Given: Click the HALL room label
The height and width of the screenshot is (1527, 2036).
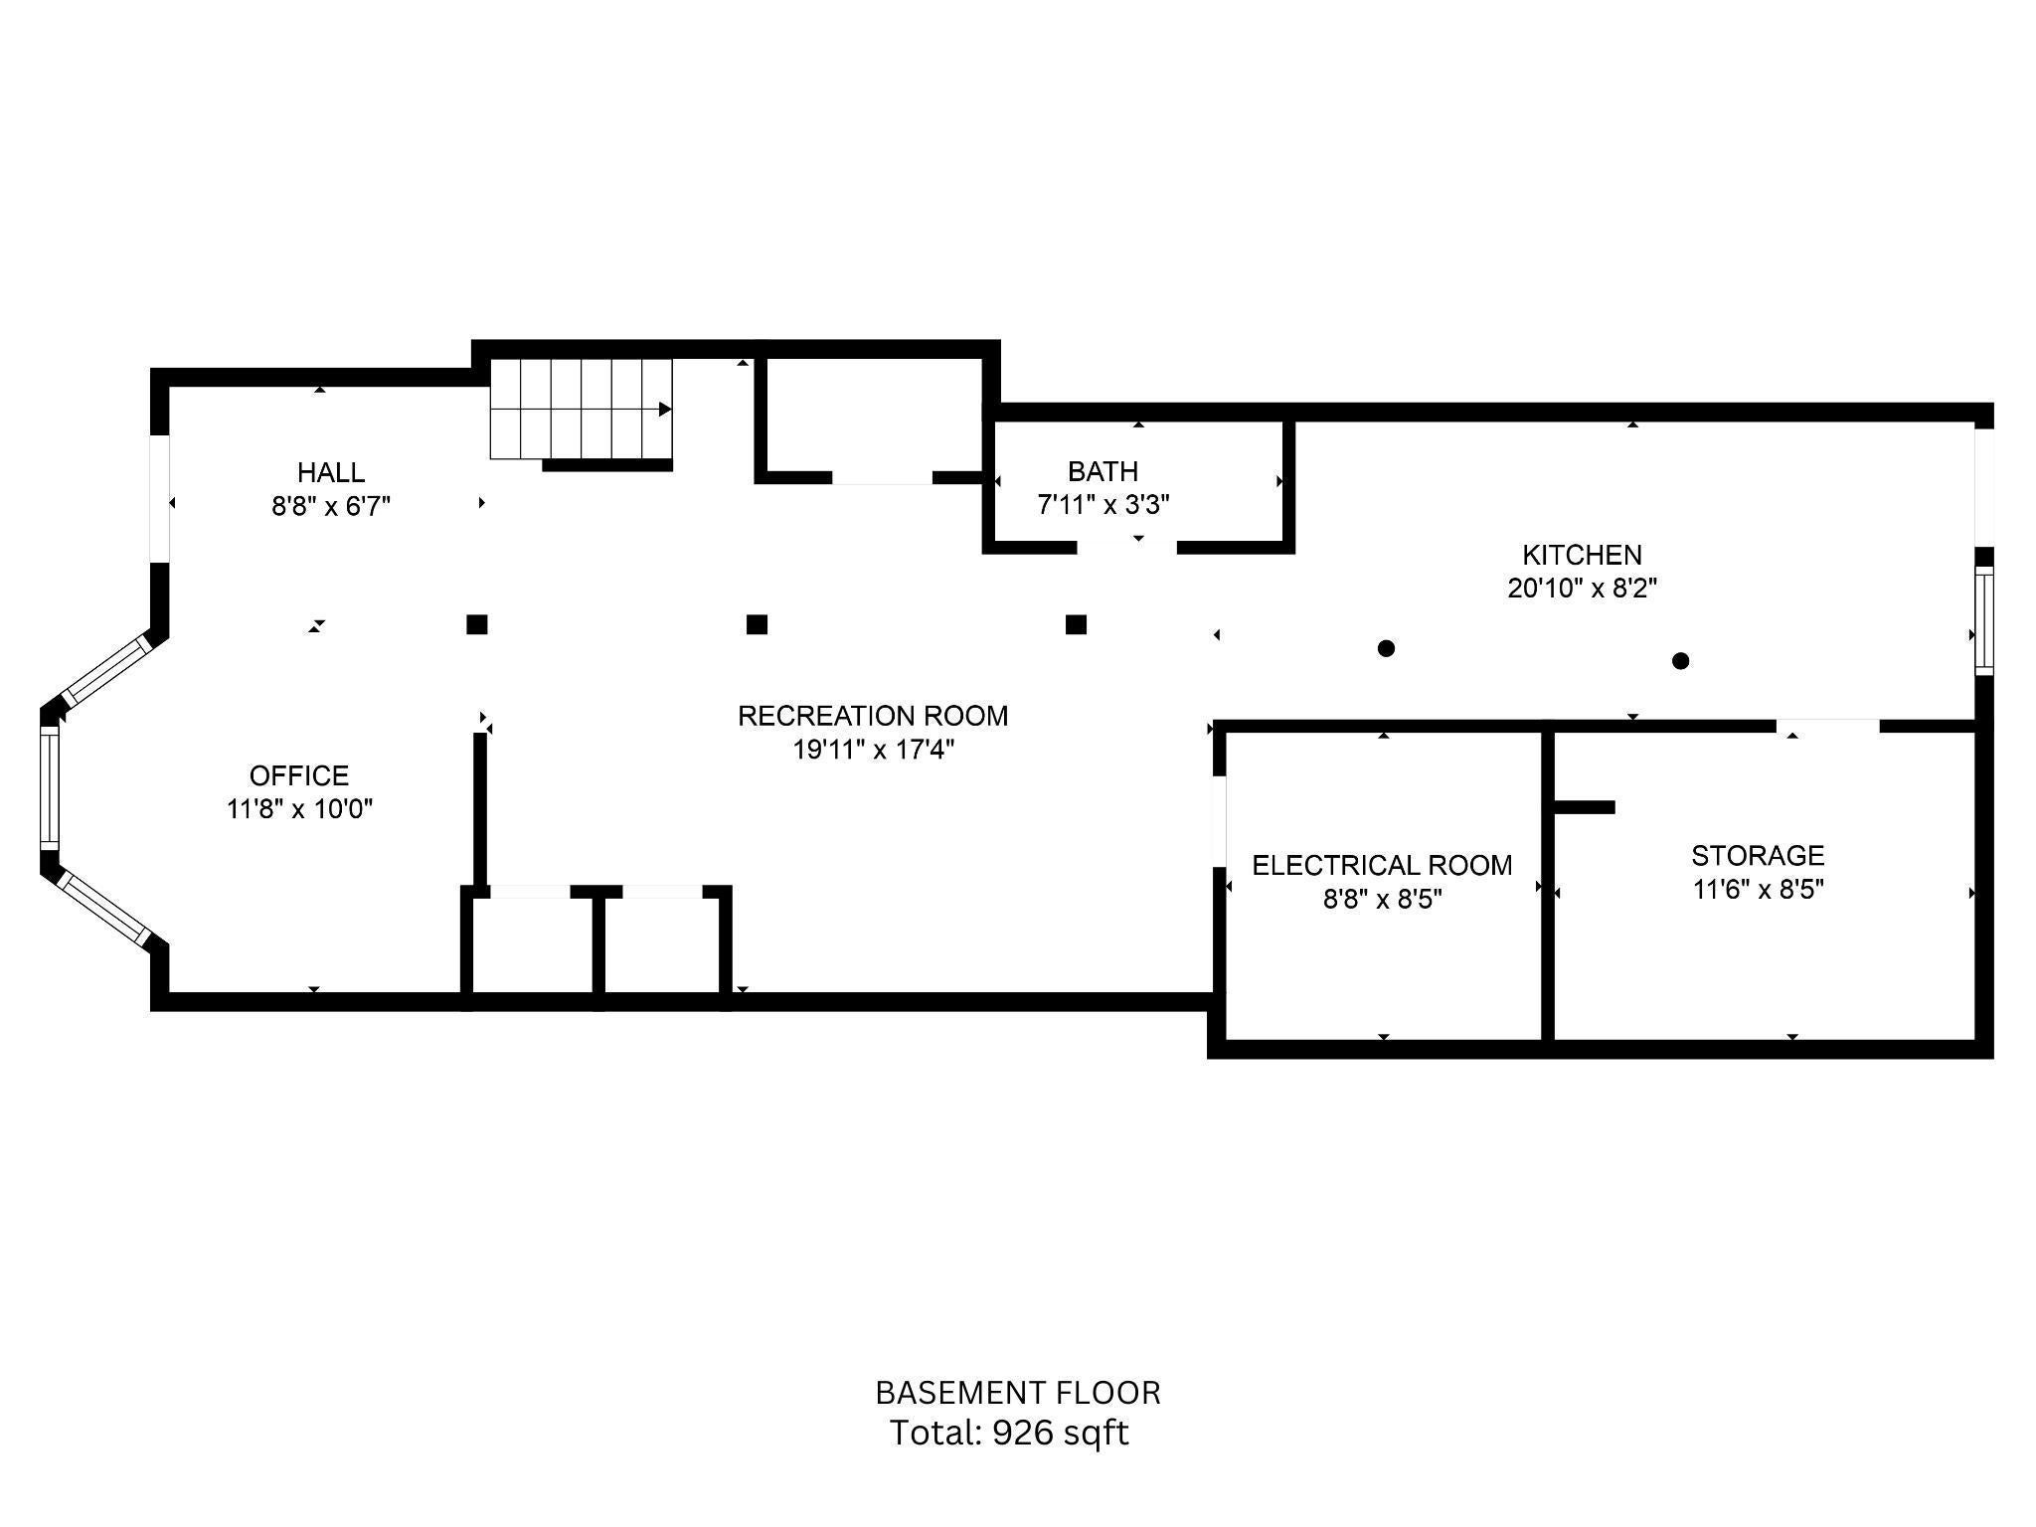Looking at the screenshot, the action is [x=331, y=472].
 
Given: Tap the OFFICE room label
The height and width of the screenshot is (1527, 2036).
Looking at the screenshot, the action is [x=299, y=775].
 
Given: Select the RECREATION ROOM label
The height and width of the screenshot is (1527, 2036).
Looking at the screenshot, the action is [x=873, y=716].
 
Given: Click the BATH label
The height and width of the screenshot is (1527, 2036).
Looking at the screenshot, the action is [x=1103, y=471].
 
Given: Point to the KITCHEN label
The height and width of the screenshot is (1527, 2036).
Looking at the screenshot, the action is [x=1582, y=555].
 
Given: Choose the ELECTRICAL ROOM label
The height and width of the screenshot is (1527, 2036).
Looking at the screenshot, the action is [x=1382, y=865].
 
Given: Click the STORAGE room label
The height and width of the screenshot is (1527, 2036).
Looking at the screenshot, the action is [x=1758, y=855].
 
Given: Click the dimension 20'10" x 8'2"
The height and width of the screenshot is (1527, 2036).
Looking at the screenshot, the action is [x=1582, y=589].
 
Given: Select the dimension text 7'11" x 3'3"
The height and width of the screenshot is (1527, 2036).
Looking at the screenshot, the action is [x=1103, y=505].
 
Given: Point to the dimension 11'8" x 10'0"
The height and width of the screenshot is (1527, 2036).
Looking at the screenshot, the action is [x=299, y=809].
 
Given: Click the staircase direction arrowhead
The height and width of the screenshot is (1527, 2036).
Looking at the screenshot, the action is [x=665, y=409].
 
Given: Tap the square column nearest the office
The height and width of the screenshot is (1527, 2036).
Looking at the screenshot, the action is [x=477, y=624].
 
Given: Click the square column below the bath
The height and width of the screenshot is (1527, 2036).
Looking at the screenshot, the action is [x=1076, y=624].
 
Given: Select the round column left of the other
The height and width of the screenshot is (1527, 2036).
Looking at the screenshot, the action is [x=1386, y=648].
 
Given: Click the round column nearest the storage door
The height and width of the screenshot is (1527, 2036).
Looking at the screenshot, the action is [x=1680, y=660].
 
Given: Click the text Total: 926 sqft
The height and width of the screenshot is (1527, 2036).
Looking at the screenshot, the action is [x=1009, y=1433].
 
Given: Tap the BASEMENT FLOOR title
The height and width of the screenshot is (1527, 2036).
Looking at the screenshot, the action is [x=1018, y=1393].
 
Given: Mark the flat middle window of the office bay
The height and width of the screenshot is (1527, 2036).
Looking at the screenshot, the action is [x=50, y=788].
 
